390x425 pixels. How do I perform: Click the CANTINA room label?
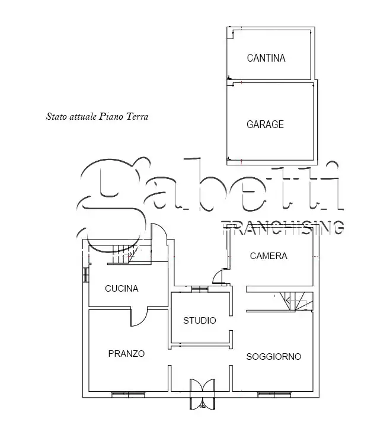coord(266,58)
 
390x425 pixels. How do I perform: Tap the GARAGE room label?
coord(265,124)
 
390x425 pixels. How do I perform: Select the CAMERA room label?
coord(268,256)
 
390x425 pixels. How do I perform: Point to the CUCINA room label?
coord(122,289)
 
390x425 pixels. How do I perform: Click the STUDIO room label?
coord(200,321)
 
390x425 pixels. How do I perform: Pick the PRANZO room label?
coord(126,354)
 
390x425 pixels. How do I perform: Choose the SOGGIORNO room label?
coord(273,357)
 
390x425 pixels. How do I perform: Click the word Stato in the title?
coord(56,117)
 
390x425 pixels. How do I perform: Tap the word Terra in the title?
coord(138,117)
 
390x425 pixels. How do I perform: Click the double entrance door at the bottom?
coord(202,394)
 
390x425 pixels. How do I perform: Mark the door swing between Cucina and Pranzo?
coord(139,317)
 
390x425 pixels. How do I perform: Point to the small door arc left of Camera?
coord(219,276)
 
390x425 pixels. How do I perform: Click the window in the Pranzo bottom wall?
coord(128,394)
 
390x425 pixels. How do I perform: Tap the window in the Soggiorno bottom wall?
coord(274,394)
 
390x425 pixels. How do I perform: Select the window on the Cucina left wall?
coord(85,275)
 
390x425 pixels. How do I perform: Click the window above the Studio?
coord(200,289)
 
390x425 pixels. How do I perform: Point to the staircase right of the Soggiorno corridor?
coord(296,302)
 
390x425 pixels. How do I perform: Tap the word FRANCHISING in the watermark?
coord(283,227)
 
